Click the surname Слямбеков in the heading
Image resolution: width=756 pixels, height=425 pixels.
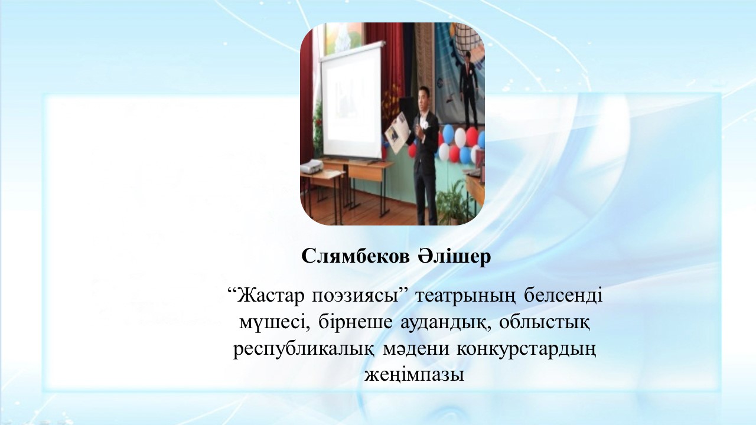pos(355,257)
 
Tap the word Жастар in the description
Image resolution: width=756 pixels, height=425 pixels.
pos(269,296)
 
